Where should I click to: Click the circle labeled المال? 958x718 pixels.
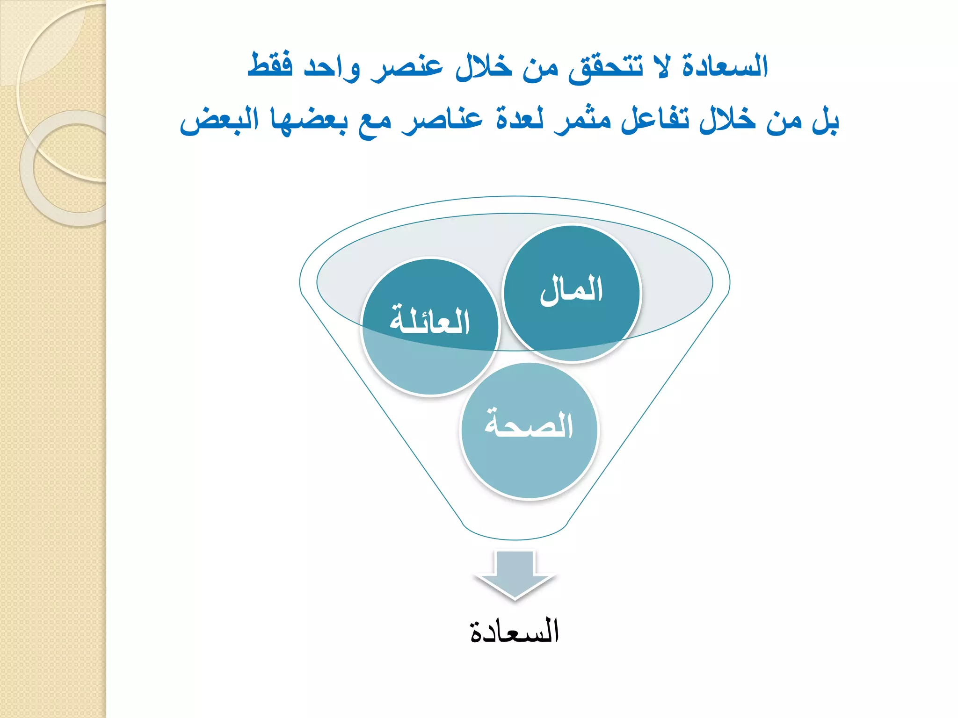click(x=572, y=293)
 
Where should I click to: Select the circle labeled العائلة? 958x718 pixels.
click(x=430, y=327)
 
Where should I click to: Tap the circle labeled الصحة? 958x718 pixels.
click(x=529, y=430)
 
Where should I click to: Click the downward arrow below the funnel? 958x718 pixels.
click(x=515, y=574)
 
